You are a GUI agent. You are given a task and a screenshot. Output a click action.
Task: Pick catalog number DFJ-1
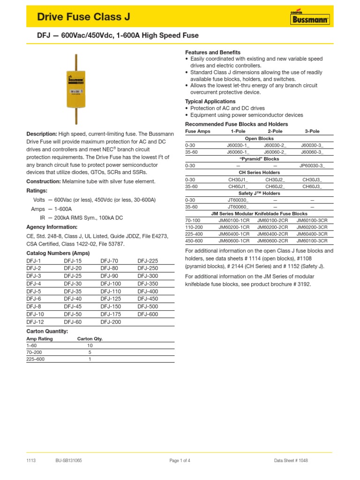point(34,261)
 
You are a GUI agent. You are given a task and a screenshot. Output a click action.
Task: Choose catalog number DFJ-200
point(111,322)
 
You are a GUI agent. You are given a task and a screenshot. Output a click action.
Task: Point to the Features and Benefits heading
point(213,52)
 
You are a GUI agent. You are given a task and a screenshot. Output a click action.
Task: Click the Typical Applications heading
point(210,101)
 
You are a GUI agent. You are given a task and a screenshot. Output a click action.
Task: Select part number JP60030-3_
point(312,165)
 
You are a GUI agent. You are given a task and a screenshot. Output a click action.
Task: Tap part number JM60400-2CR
point(273,233)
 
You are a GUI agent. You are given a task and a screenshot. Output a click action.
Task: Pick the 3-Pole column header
point(312,131)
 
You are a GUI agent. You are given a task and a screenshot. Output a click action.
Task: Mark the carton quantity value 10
point(90,345)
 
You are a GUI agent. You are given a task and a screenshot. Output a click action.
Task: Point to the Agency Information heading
point(52,227)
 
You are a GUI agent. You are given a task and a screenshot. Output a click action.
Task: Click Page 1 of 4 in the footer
point(180,460)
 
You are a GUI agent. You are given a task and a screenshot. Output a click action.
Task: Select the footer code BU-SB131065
point(68,460)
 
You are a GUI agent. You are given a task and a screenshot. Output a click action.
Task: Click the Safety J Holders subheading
point(260,193)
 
